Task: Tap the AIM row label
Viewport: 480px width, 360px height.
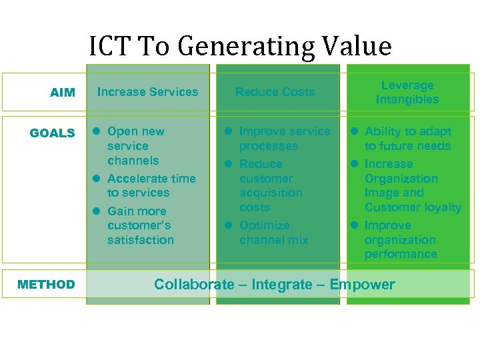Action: (x=63, y=93)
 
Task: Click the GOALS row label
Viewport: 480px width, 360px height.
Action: (x=52, y=133)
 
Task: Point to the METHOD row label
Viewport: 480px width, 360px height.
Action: (x=46, y=285)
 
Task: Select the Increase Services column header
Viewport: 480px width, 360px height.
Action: (x=147, y=92)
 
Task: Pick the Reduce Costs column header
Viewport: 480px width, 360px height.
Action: (x=275, y=92)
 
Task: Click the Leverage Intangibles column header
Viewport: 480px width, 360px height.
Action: (x=407, y=93)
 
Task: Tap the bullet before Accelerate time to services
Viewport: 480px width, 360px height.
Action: (x=97, y=179)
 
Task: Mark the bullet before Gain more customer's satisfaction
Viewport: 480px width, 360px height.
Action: (x=97, y=211)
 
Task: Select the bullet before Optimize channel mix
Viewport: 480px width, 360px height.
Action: (x=228, y=225)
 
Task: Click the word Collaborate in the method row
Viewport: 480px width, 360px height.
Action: (x=194, y=285)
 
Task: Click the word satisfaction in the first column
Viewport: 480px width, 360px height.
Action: (x=140, y=240)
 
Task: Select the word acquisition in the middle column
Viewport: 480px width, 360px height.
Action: (x=271, y=193)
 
